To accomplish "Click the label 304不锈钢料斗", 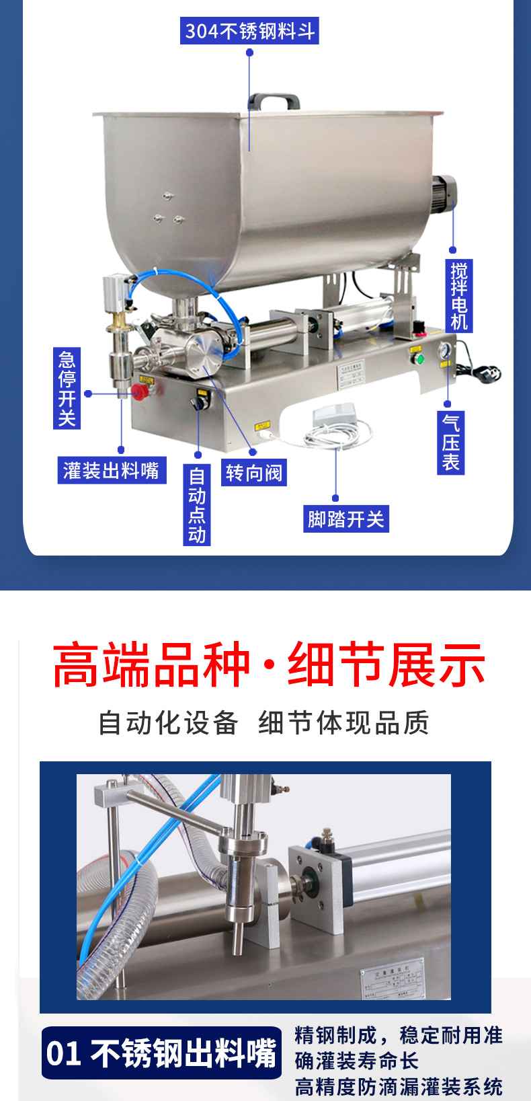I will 249,31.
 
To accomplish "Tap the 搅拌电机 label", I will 459,295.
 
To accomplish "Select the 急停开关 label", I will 67,388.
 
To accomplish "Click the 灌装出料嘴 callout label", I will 112,470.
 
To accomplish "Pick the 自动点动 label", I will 197,504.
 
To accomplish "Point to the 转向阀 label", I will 253,473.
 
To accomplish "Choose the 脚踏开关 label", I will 345,519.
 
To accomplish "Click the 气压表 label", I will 450,442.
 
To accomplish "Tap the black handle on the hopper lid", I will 274,102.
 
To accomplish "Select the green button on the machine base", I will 419,358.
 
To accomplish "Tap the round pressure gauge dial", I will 444,351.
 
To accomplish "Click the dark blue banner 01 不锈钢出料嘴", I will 161,1053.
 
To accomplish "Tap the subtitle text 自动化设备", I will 168,723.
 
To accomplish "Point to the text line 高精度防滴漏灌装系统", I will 399,1086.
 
